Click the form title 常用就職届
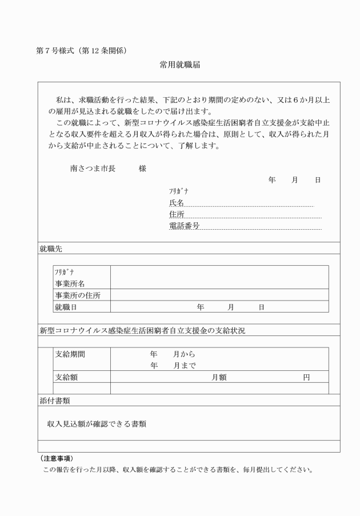[x=180, y=66]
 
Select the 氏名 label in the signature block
[x=177, y=203]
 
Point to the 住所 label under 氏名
[x=177, y=214]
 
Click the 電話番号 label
[x=184, y=226]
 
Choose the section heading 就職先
[x=51, y=249]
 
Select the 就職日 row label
[x=66, y=307]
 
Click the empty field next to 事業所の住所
[x=219, y=295]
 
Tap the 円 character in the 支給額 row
[x=306, y=377]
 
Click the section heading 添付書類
[x=55, y=401]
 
